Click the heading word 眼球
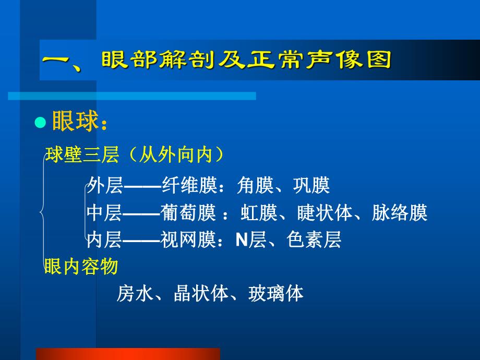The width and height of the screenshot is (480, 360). click(x=75, y=122)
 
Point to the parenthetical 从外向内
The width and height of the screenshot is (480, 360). click(x=177, y=155)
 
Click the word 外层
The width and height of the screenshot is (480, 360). click(x=104, y=185)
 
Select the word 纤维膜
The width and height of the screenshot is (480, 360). click(x=188, y=185)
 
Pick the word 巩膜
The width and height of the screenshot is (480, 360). click(x=311, y=185)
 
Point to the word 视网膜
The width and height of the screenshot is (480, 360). click(x=188, y=239)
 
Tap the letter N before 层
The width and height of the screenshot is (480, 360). click(x=241, y=239)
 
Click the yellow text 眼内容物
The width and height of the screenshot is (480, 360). click(x=81, y=267)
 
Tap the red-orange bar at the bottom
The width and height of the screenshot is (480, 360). click(x=128, y=354)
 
